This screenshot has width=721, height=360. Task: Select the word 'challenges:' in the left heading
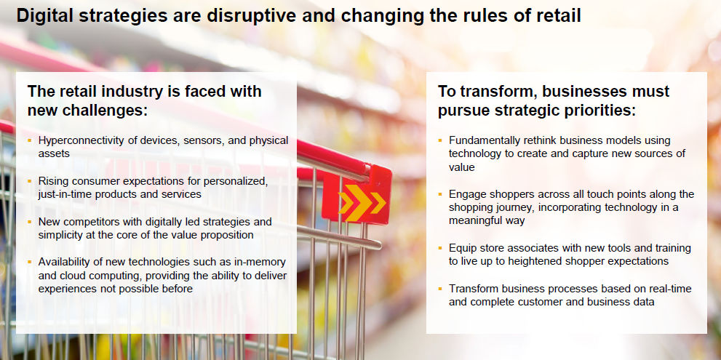pyautogui.click(x=88, y=111)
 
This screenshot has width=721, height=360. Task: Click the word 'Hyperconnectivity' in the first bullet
pyautogui.click(x=76, y=141)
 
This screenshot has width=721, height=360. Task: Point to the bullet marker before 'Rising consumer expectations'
pyautogui.click(x=29, y=180)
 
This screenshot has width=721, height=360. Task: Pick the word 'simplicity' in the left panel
pyautogui.click(x=59, y=235)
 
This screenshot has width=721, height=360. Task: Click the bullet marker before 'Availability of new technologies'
pyautogui.click(x=29, y=262)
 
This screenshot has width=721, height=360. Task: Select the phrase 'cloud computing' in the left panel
pyautogui.click(x=91, y=276)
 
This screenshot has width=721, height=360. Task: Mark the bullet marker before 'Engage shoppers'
pyautogui.click(x=440, y=193)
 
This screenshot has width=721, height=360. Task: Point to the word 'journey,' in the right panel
pyautogui.click(x=517, y=208)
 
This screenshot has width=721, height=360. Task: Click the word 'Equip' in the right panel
pyautogui.click(x=461, y=248)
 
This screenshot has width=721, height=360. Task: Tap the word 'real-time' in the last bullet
pyautogui.click(x=670, y=289)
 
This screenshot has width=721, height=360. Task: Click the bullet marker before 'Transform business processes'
pyautogui.click(x=440, y=288)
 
